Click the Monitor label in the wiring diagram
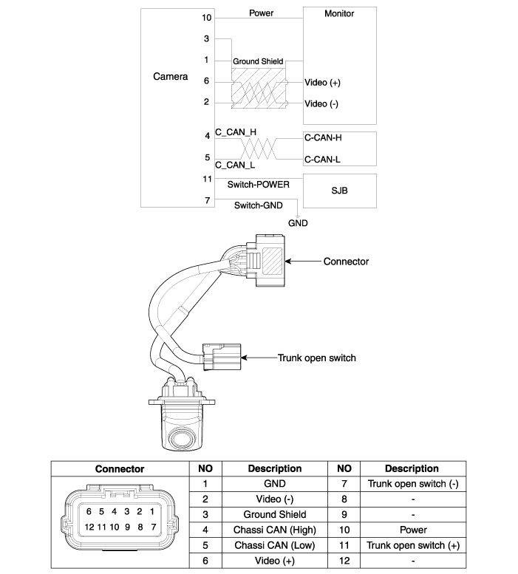coord(339,13)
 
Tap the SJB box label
coord(339,191)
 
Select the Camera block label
coord(170,76)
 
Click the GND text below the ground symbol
coord(298,222)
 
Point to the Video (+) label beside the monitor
coord(322,83)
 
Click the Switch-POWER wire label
coord(259,184)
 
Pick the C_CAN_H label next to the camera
coord(236,132)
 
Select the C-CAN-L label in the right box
coord(321,159)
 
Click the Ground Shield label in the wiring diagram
coord(257,61)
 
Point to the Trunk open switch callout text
coord(316,358)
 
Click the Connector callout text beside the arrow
coord(346,262)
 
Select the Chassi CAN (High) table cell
coord(274,530)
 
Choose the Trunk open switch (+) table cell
coord(412,545)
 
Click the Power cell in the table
coord(412,530)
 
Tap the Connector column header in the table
coord(120,468)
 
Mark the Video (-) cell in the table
coord(274,499)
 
